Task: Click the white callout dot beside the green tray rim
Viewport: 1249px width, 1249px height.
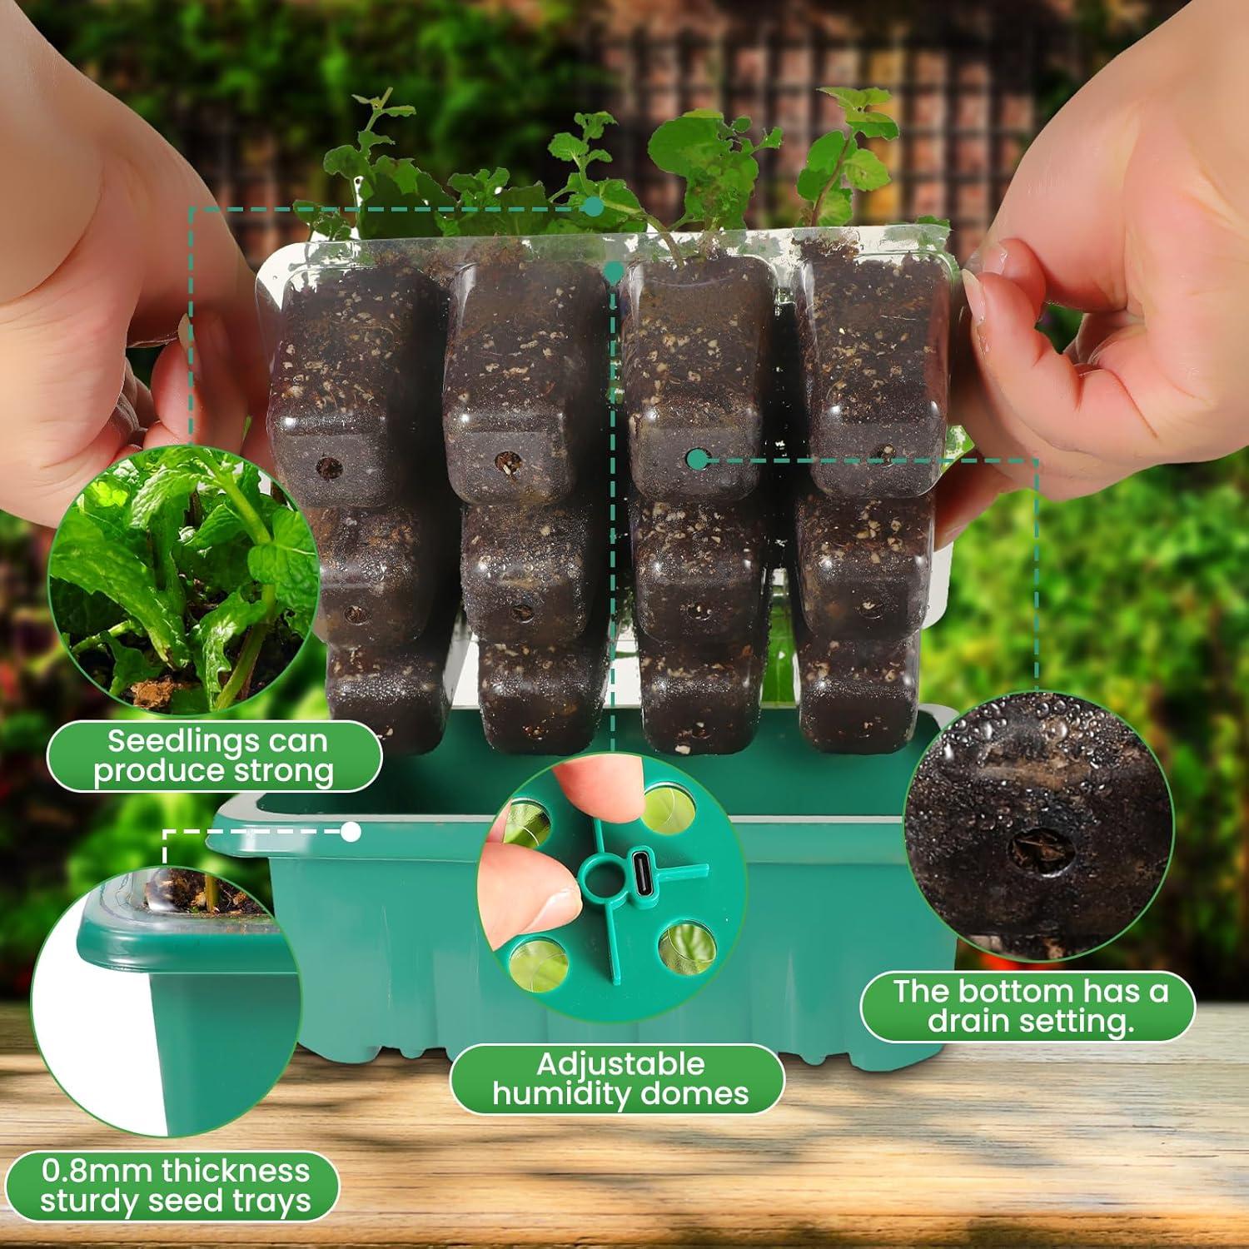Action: (351, 831)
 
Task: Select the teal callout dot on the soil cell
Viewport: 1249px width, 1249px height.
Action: (698, 457)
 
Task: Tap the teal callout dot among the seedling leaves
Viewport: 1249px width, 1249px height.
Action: (593, 206)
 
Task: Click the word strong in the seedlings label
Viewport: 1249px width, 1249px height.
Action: (283, 771)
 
